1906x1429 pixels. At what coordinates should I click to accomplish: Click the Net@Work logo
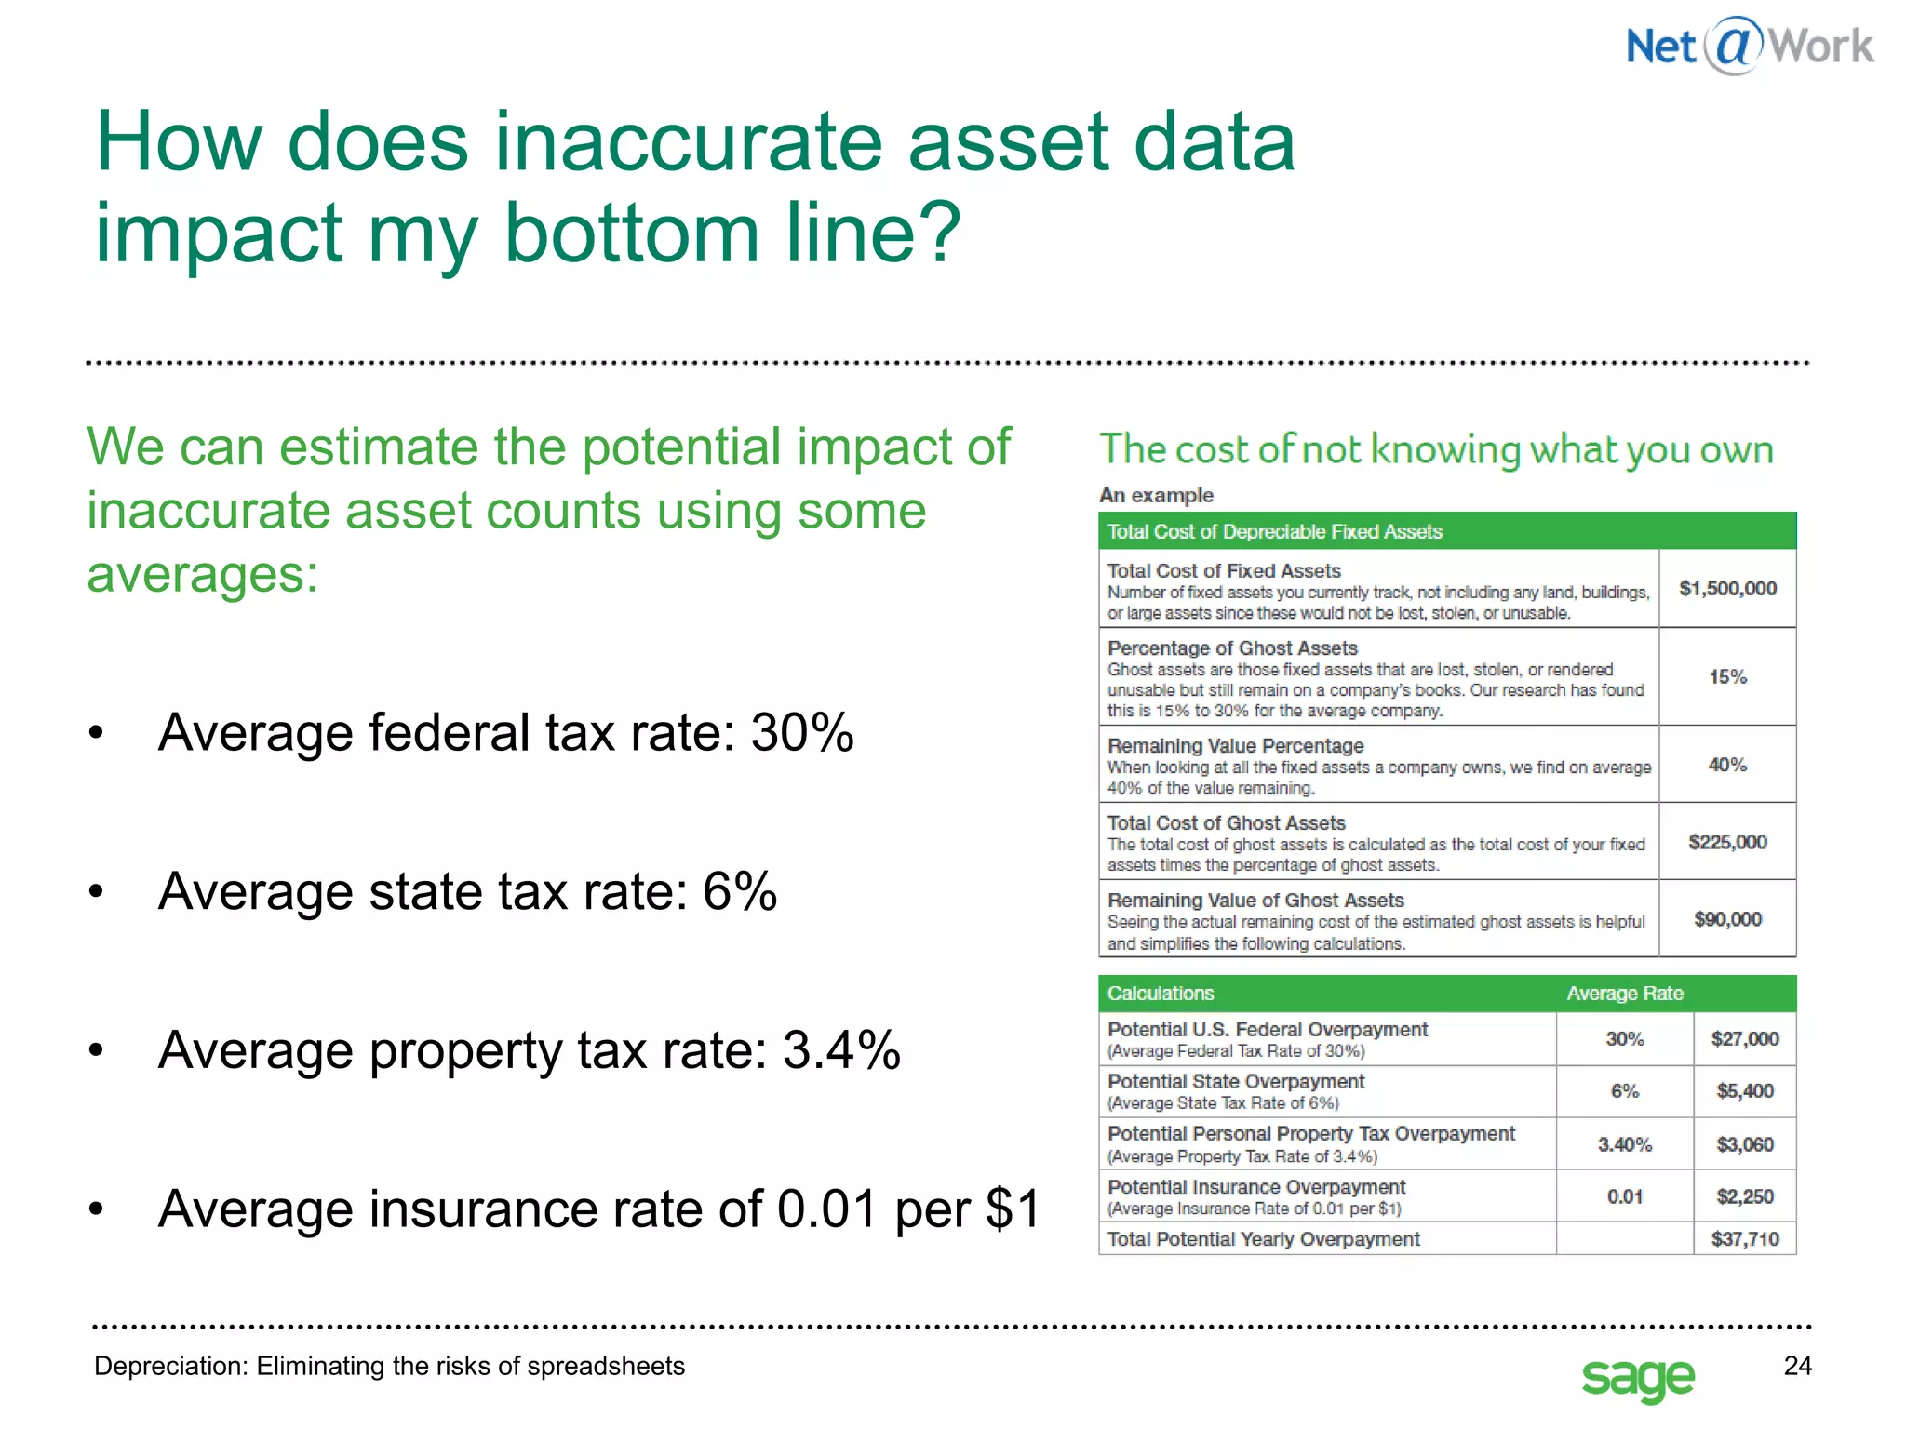coord(1749,46)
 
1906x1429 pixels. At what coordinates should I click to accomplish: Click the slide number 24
coord(1797,1366)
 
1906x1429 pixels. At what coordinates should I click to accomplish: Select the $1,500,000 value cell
coord(1727,588)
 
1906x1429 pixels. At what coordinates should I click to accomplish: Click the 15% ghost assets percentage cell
coord(1727,677)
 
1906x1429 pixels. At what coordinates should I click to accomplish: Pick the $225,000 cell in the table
coord(1727,842)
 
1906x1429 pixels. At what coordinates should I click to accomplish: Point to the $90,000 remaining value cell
coord(1727,919)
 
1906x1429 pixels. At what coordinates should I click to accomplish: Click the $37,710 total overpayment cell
coord(1744,1239)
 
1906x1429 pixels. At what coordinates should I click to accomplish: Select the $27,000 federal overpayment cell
coord(1744,1038)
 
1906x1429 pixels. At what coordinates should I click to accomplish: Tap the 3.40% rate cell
coord(1625,1144)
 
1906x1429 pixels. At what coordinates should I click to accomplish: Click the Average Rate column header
coord(1625,994)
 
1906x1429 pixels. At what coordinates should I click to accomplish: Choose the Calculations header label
coord(1161,994)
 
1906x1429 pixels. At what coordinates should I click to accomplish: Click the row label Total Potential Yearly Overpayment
coord(1264,1239)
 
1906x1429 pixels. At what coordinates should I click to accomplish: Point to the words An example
coord(1156,495)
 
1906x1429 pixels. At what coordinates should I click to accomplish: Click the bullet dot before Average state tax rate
coord(96,892)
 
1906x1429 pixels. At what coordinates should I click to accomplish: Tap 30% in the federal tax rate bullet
coord(802,733)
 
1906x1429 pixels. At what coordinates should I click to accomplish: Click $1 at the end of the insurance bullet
coord(1013,1209)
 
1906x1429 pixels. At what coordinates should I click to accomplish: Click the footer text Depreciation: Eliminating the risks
coord(389,1366)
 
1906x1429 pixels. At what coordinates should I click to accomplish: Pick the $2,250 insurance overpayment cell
coord(1744,1196)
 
